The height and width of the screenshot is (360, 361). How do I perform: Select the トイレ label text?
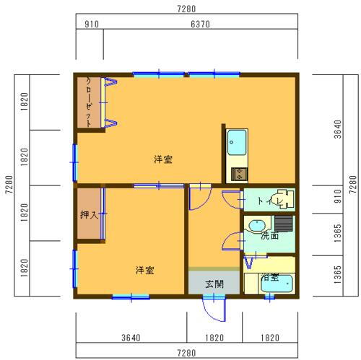point(259,201)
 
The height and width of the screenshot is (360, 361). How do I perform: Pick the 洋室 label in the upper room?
point(162,159)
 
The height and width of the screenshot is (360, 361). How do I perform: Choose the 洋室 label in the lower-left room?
point(144,271)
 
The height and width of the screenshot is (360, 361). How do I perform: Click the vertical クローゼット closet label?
point(89,102)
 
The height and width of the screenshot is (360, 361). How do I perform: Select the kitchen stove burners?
point(237,173)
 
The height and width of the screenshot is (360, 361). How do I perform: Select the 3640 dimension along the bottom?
point(130,338)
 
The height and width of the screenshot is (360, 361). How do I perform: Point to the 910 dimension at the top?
point(92,24)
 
